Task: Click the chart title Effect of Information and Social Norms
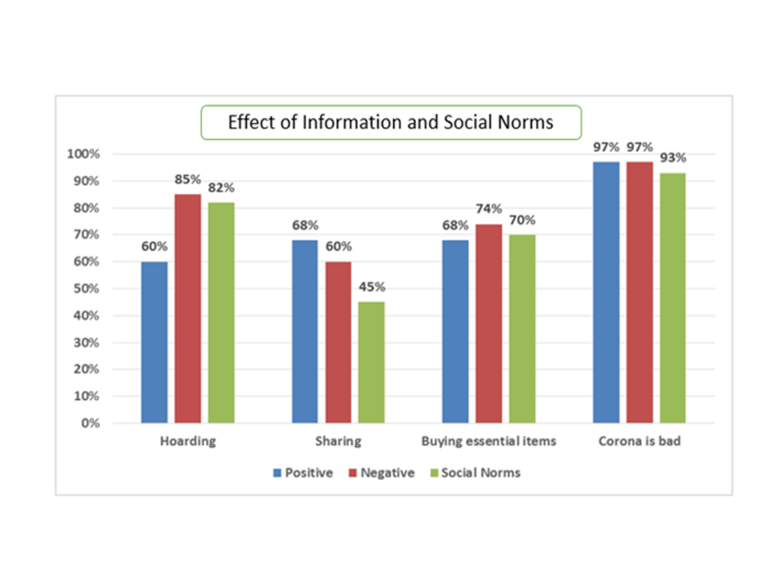[x=390, y=123]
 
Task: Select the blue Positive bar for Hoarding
[x=154, y=342]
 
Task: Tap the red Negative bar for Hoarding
[x=188, y=308]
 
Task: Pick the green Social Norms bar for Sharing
[x=372, y=362]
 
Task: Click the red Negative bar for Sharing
[x=338, y=342]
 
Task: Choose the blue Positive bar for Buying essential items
[x=455, y=331]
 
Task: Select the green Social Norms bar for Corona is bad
[x=672, y=298]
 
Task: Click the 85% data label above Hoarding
[x=188, y=180]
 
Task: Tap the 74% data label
[x=489, y=209]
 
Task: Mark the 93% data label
[x=672, y=158]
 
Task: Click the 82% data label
[x=221, y=188]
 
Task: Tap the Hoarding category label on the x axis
[x=188, y=442]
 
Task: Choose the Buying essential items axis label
[x=489, y=442]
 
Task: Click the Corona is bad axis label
[x=639, y=442]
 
